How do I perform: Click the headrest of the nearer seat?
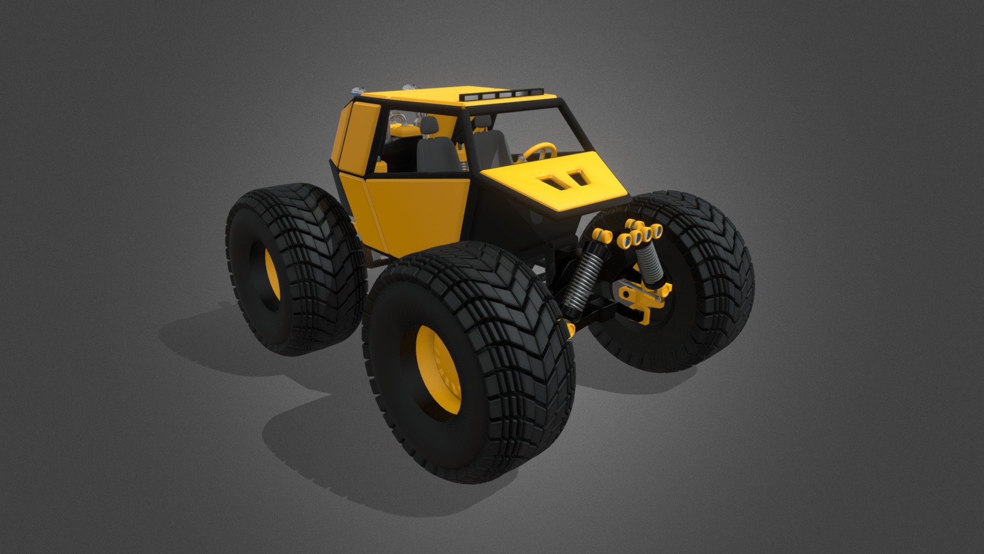point(429,125)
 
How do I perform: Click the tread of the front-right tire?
point(717,267)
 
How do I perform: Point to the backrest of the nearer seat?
point(436,154)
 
